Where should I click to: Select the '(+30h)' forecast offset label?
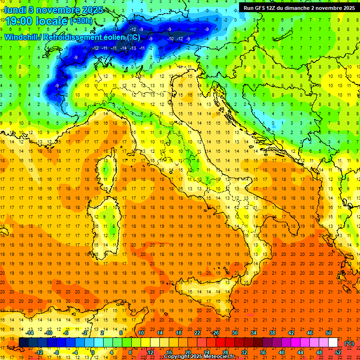pyautogui.click(x=81, y=21)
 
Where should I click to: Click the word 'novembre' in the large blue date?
pyautogui.click(x=56, y=10)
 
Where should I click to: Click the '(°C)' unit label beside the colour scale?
pyautogui.click(x=349, y=343)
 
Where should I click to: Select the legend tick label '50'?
pyautogui.click(x=328, y=333)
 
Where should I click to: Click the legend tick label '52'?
pyautogui.click(x=338, y=352)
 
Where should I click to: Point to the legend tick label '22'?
pyautogui.click(x=197, y=333)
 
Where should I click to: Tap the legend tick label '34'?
pyautogui.click(x=254, y=333)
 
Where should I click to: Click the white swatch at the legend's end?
pyautogui.click(x=333, y=343)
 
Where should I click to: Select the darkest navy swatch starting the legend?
pyautogui.click(x=23, y=343)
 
